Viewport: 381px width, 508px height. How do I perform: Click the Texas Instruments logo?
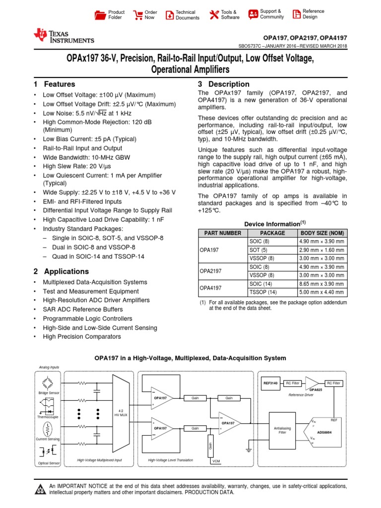(63, 36)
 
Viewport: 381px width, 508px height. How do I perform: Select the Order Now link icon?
(137, 15)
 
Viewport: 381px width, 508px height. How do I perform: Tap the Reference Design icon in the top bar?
(296, 14)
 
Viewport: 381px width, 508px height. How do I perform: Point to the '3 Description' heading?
(223, 84)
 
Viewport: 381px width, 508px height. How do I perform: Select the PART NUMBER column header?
(220, 233)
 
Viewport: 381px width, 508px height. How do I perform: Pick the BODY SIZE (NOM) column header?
(321, 233)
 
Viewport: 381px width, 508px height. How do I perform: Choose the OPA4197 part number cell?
(210, 288)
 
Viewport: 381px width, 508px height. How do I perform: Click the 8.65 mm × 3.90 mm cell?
(321, 283)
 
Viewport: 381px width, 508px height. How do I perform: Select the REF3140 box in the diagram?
(270, 383)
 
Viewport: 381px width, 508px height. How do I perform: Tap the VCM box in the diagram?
(216, 461)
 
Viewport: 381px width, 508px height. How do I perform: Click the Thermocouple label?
(49, 417)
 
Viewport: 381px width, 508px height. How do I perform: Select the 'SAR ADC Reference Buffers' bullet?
(83, 310)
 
